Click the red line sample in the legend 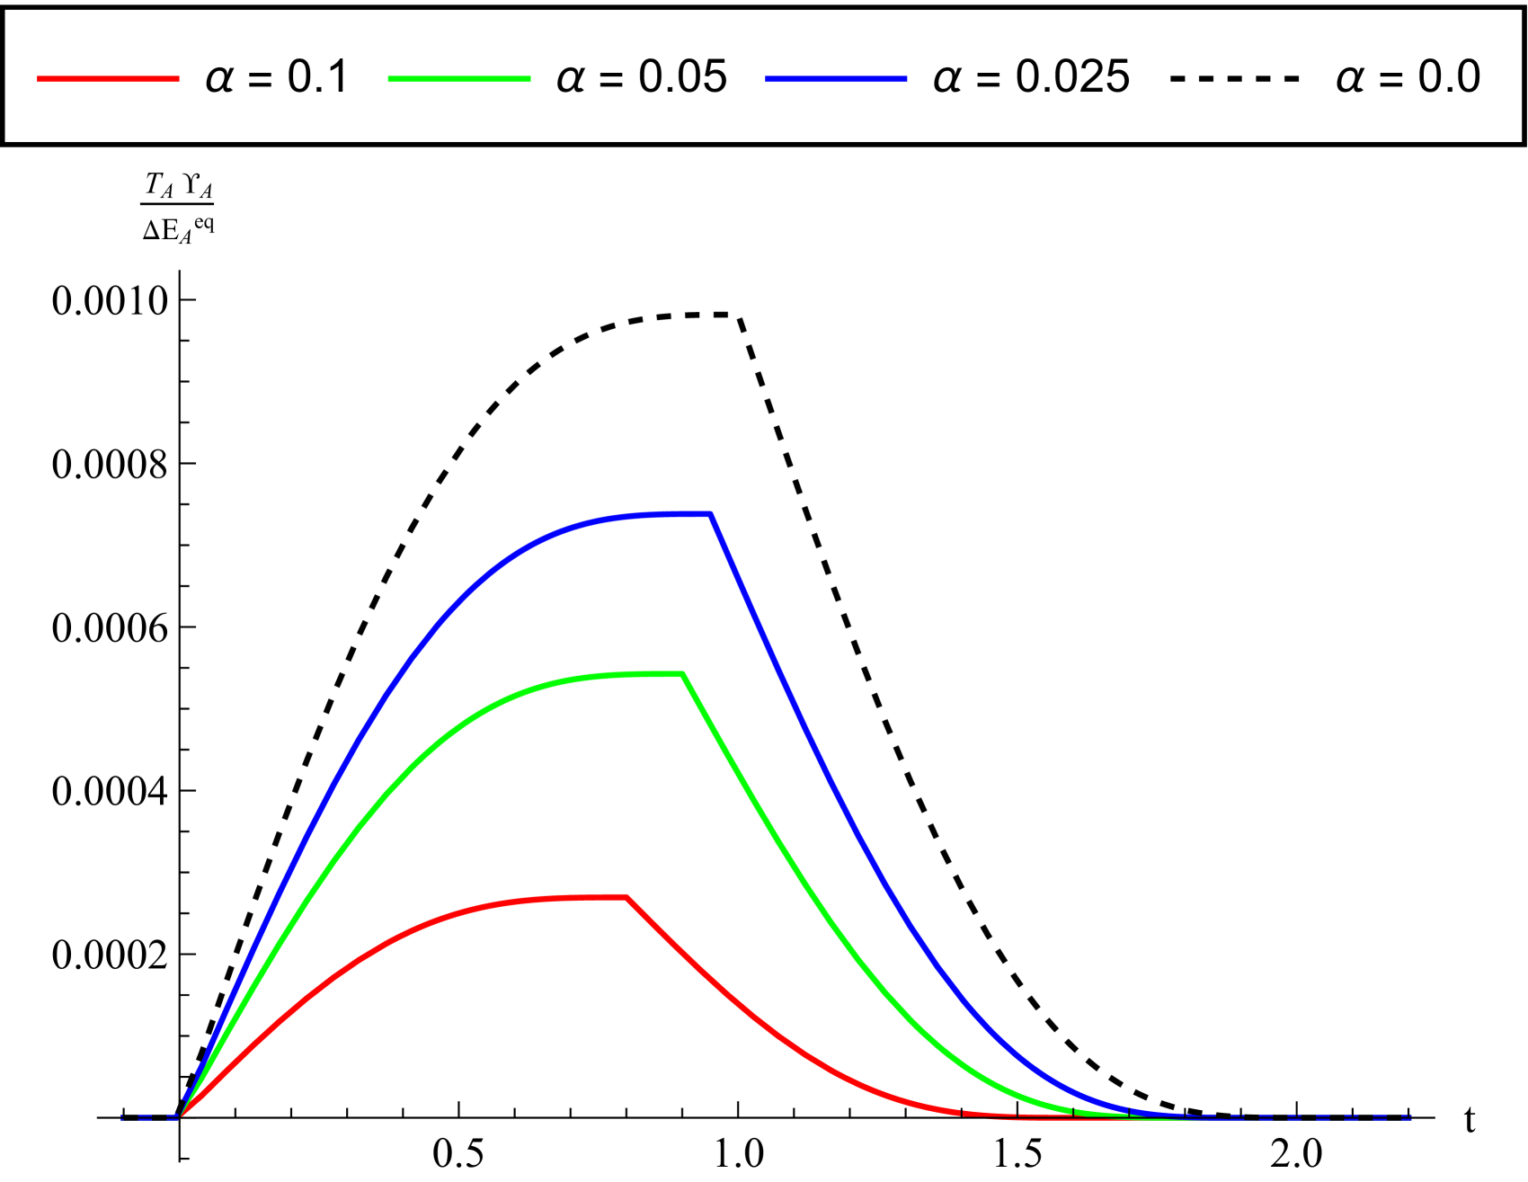[108, 79]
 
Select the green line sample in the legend [458, 79]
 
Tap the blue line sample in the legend [836, 79]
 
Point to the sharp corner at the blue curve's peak [710, 514]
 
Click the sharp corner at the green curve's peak [683, 673]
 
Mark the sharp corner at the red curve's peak [626, 897]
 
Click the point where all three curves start [182, 1115]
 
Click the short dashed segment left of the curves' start [149, 1117]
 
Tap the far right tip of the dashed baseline [1410, 1117]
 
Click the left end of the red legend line [39, 79]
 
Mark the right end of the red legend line [178, 79]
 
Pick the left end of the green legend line [389, 79]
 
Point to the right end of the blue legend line [906, 79]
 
